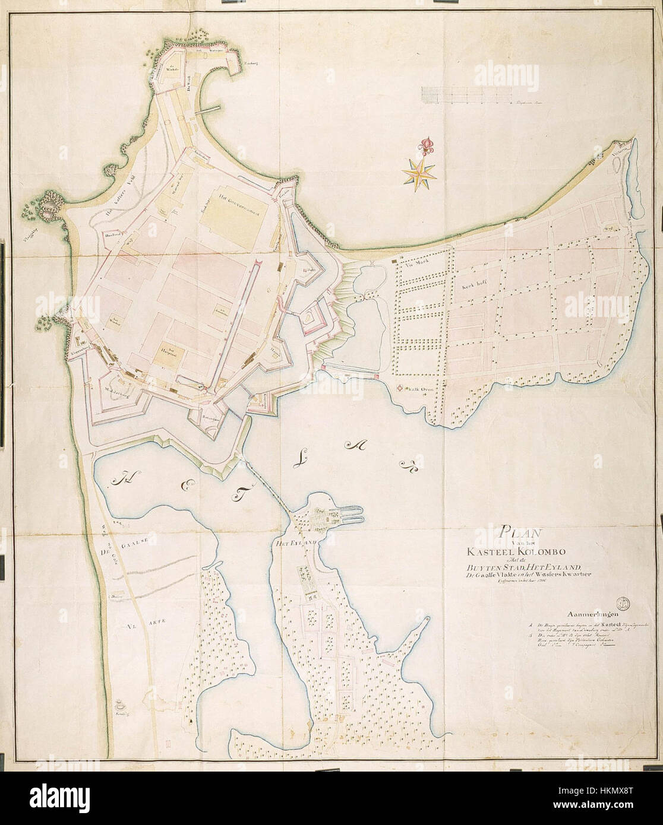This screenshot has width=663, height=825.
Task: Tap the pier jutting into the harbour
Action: coord(209,109)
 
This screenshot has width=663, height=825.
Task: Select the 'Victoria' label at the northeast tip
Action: coord(621,157)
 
